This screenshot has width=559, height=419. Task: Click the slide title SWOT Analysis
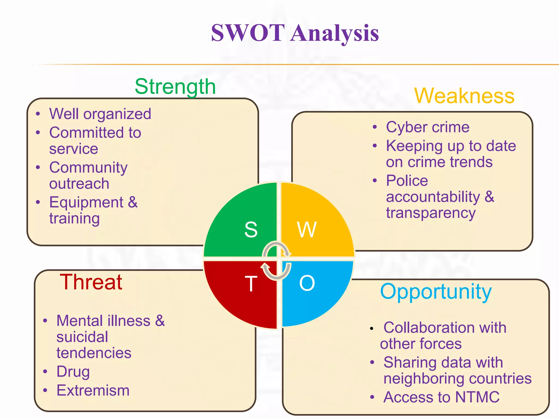[295, 33]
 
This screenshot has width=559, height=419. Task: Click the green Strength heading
[175, 87]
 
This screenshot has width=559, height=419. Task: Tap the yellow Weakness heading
[464, 96]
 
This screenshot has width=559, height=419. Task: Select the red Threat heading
[91, 282]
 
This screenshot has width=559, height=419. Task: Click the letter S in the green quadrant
[251, 229]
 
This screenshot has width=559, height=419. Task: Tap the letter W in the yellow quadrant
[307, 230]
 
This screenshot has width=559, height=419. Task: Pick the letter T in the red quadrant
[251, 284]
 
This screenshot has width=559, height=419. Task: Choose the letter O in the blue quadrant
[307, 283]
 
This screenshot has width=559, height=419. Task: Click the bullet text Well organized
[100, 114]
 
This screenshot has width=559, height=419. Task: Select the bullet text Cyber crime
[427, 127]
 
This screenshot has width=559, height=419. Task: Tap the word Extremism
[93, 390]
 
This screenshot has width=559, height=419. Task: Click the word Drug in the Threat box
[73, 372]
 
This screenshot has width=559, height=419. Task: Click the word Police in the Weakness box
[407, 181]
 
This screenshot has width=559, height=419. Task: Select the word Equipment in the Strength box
[86, 203]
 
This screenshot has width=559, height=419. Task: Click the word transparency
[431, 213]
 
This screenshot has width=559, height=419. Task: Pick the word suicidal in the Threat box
[82, 337]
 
